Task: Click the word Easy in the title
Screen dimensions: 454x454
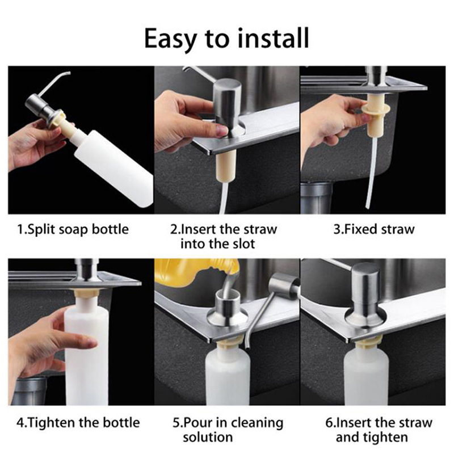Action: [171, 39]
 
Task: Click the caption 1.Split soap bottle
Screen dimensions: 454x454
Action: [73, 229]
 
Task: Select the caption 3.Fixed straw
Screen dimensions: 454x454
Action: [374, 229]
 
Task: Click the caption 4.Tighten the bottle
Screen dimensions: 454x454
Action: [78, 422]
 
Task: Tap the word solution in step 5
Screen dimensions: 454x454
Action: [208, 437]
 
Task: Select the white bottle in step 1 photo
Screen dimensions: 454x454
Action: [113, 167]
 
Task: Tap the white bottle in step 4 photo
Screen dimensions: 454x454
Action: [87, 350]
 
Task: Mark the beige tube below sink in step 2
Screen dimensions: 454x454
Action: [226, 166]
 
